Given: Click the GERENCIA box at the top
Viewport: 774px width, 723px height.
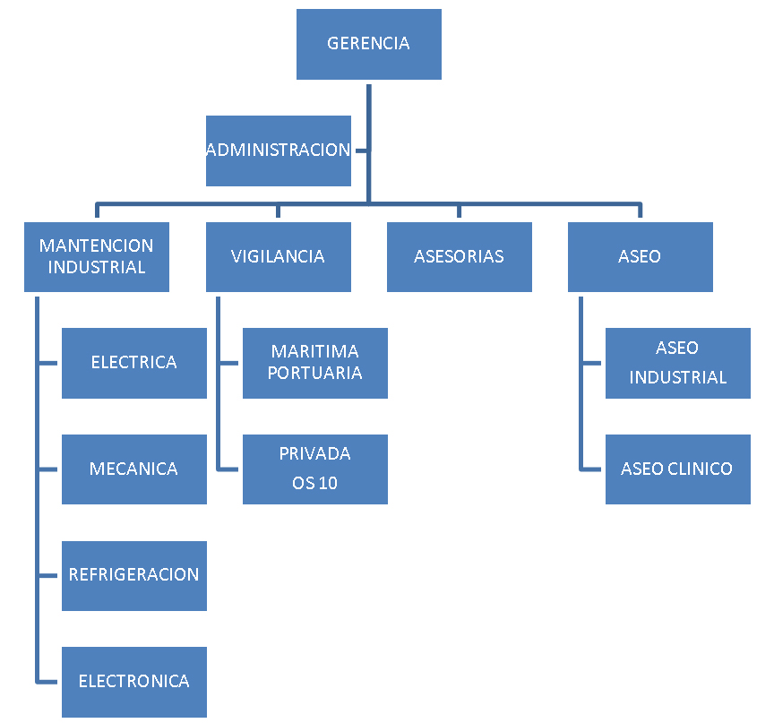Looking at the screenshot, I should (x=368, y=44).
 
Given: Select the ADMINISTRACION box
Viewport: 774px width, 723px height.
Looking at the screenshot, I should (x=278, y=151).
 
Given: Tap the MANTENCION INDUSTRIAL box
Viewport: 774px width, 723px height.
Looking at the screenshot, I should (x=96, y=256).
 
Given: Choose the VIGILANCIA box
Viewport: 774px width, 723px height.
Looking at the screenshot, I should (x=278, y=256).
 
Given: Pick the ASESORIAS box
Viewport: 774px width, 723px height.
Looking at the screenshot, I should (x=459, y=256).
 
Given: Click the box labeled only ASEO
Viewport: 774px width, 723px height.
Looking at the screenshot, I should (x=640, y=256).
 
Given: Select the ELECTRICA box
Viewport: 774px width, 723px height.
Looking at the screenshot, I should (x=133, y=363).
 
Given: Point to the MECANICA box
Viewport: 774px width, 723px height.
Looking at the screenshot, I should (x=133, y=469).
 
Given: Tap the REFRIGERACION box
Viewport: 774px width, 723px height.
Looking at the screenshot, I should (x=133, y=575).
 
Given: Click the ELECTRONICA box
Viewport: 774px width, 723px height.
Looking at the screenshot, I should (x=133, y=681).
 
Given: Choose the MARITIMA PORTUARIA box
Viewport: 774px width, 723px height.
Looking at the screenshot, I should (x=314, y=363).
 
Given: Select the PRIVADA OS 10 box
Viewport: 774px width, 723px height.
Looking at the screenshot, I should (x=314, y=469).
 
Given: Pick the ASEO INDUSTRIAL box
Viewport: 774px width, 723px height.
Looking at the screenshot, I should (x=677, y=363).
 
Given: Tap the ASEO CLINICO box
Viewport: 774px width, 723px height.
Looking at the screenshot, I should (x=677, y=469).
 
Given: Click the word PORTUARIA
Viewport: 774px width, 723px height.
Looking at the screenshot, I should (x=315, y=374).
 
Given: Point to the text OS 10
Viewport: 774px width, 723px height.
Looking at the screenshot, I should (x=315, y=484).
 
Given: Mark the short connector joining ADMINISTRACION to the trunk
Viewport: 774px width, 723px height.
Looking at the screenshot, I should (x=360, y=151).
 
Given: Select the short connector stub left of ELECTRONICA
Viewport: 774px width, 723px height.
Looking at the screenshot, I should (x=49, y=681).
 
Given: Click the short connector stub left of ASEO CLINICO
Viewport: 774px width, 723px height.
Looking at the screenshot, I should (x=592, y=469).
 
